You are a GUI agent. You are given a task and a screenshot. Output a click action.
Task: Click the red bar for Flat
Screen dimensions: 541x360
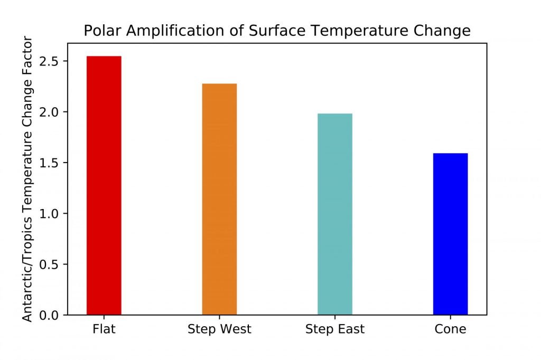point(104,185)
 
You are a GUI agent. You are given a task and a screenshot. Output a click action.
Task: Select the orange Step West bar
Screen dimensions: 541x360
point(219,200)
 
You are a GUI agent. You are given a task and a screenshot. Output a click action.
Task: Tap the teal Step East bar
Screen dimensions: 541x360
point(335,214)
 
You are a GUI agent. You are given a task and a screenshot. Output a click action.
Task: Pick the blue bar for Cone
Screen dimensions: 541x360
point(451,234)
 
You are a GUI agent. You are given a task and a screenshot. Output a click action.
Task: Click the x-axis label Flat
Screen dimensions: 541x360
point(104,329)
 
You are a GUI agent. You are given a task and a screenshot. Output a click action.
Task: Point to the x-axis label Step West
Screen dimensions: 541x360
point(219,329)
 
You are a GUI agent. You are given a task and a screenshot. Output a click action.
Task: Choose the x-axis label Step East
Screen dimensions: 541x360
point(335,329)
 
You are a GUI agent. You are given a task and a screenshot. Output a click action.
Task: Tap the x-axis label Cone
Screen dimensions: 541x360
point(450,329)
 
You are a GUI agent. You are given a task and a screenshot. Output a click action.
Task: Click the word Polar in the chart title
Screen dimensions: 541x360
point(102,31)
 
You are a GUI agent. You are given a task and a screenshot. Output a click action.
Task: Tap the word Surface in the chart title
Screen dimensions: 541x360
point(277,31)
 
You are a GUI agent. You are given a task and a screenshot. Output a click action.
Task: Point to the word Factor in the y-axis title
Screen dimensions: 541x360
point(27,51)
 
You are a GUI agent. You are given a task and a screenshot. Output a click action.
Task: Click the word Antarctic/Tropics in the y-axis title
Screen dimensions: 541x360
point(27,265)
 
